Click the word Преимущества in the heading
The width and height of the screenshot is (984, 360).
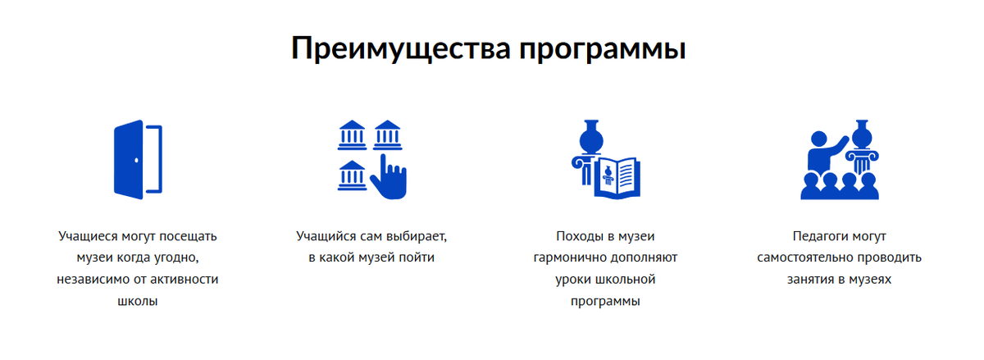399,48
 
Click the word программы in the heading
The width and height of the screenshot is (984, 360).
603,50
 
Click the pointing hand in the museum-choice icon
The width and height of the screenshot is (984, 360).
389,176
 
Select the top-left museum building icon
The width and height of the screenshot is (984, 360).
352,134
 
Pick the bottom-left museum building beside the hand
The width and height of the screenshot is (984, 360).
352,174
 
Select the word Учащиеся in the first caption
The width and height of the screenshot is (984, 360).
90,236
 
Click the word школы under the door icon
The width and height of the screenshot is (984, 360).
138,301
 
